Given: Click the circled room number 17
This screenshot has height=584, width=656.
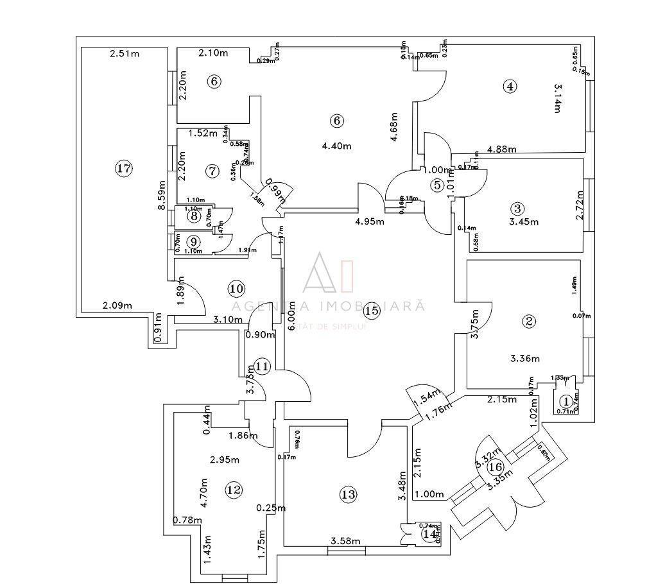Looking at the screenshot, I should pyautogui.click(x=123, y=169).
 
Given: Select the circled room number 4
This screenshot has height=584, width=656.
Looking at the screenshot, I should pyautogui.click(x=510, y=87).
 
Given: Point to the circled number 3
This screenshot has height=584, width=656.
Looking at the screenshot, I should pyautogui.click(x=517, y=208).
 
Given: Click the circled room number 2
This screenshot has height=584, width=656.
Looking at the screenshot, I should pyautogui.click(x=529, y=321).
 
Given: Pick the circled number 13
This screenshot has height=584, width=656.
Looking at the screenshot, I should pyautogui.click(x=348, y=495).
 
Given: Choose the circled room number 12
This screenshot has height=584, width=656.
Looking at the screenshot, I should pyautogui.click(x=234, y=490).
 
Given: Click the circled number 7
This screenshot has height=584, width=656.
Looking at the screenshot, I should pyautogui.click(x=213, y=171).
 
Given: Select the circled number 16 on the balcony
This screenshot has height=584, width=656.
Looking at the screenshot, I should pyautogui.click(x=495, y=467).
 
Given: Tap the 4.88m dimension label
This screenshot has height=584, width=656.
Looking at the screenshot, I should pyautogui.click(x=503, y=150).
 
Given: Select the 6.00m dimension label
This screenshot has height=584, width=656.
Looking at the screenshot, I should pyautogui.click(x=292, y=316).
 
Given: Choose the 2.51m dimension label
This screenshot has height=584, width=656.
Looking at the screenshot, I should pyautogui.click(x=124, y=53).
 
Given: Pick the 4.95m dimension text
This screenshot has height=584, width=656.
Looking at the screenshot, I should pyautogui.click(x=370, y=222).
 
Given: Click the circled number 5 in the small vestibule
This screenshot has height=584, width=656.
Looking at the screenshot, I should pyautogui.click(x=438, y=185).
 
